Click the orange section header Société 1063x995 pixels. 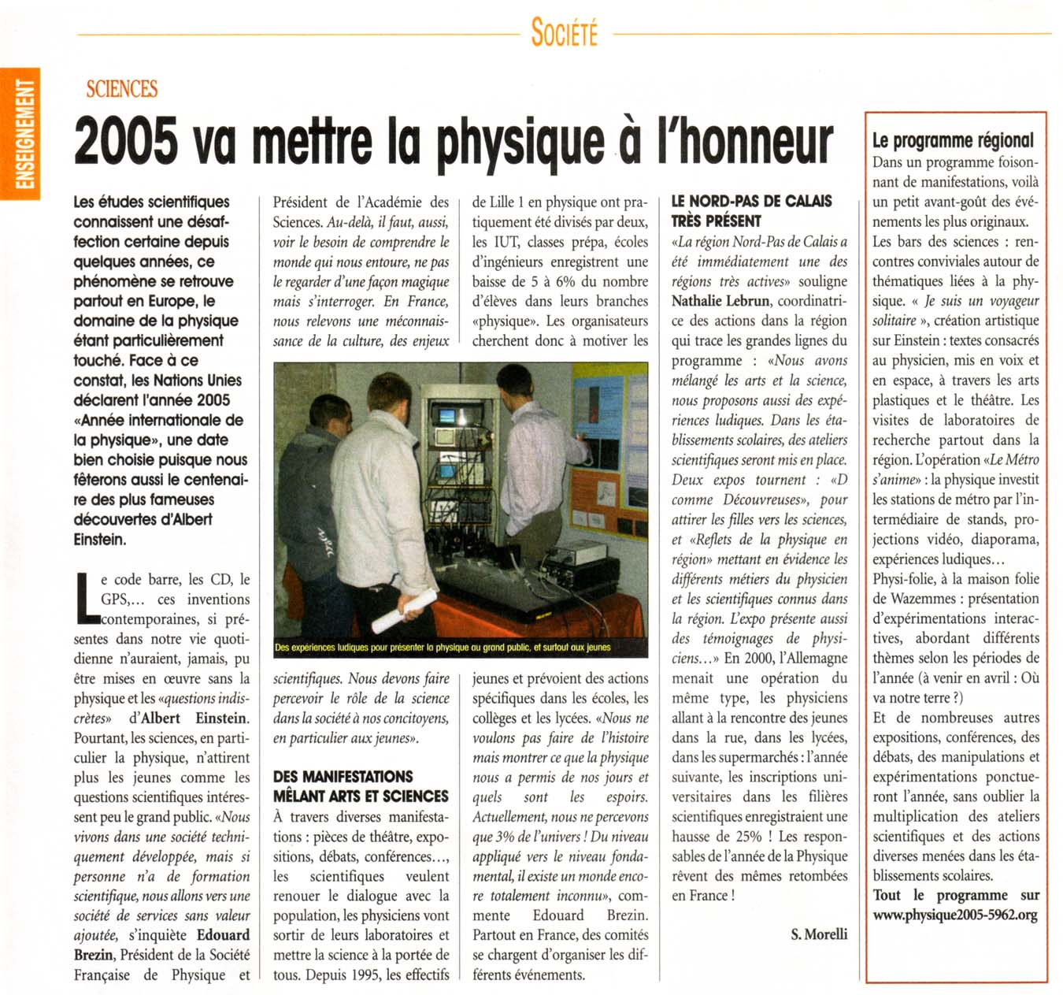(x=564, y=34)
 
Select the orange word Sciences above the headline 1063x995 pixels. (x=122, y=89)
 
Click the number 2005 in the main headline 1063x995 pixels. (x=125, y=142)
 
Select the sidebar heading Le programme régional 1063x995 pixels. (x=953, y=141)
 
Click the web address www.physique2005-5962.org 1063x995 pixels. (x=955, y=915)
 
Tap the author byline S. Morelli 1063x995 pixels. (x=819, y=934)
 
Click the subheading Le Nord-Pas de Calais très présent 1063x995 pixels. (x=751, y=211)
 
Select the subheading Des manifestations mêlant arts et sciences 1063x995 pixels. (x=361, y=786)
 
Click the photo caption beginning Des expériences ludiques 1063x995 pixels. (x=443, y=648)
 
